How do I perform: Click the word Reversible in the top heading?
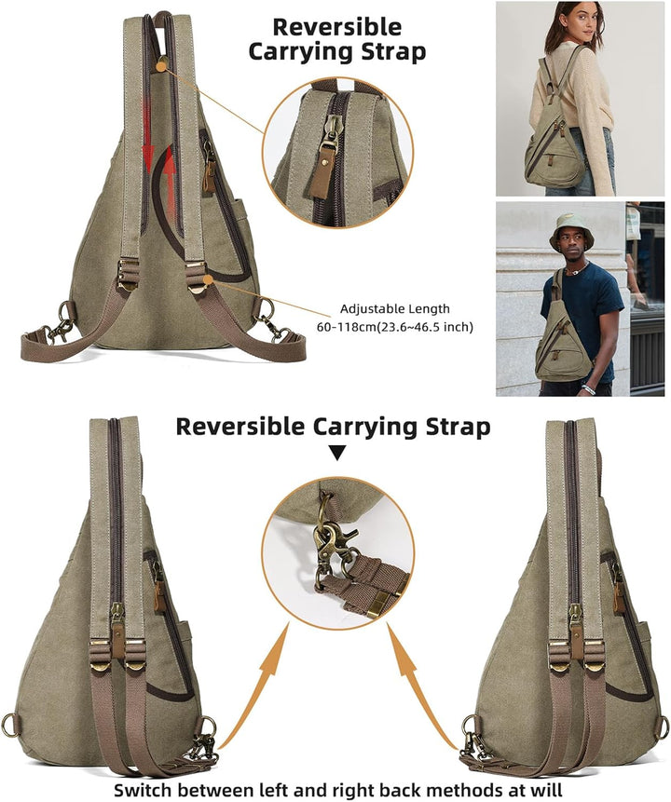tap(336, 26)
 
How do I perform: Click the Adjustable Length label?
tap(394, 308)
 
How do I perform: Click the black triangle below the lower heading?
tap(336, 454)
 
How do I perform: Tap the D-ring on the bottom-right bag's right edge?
tap(661, 724)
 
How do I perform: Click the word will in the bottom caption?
tap(538, 790)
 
